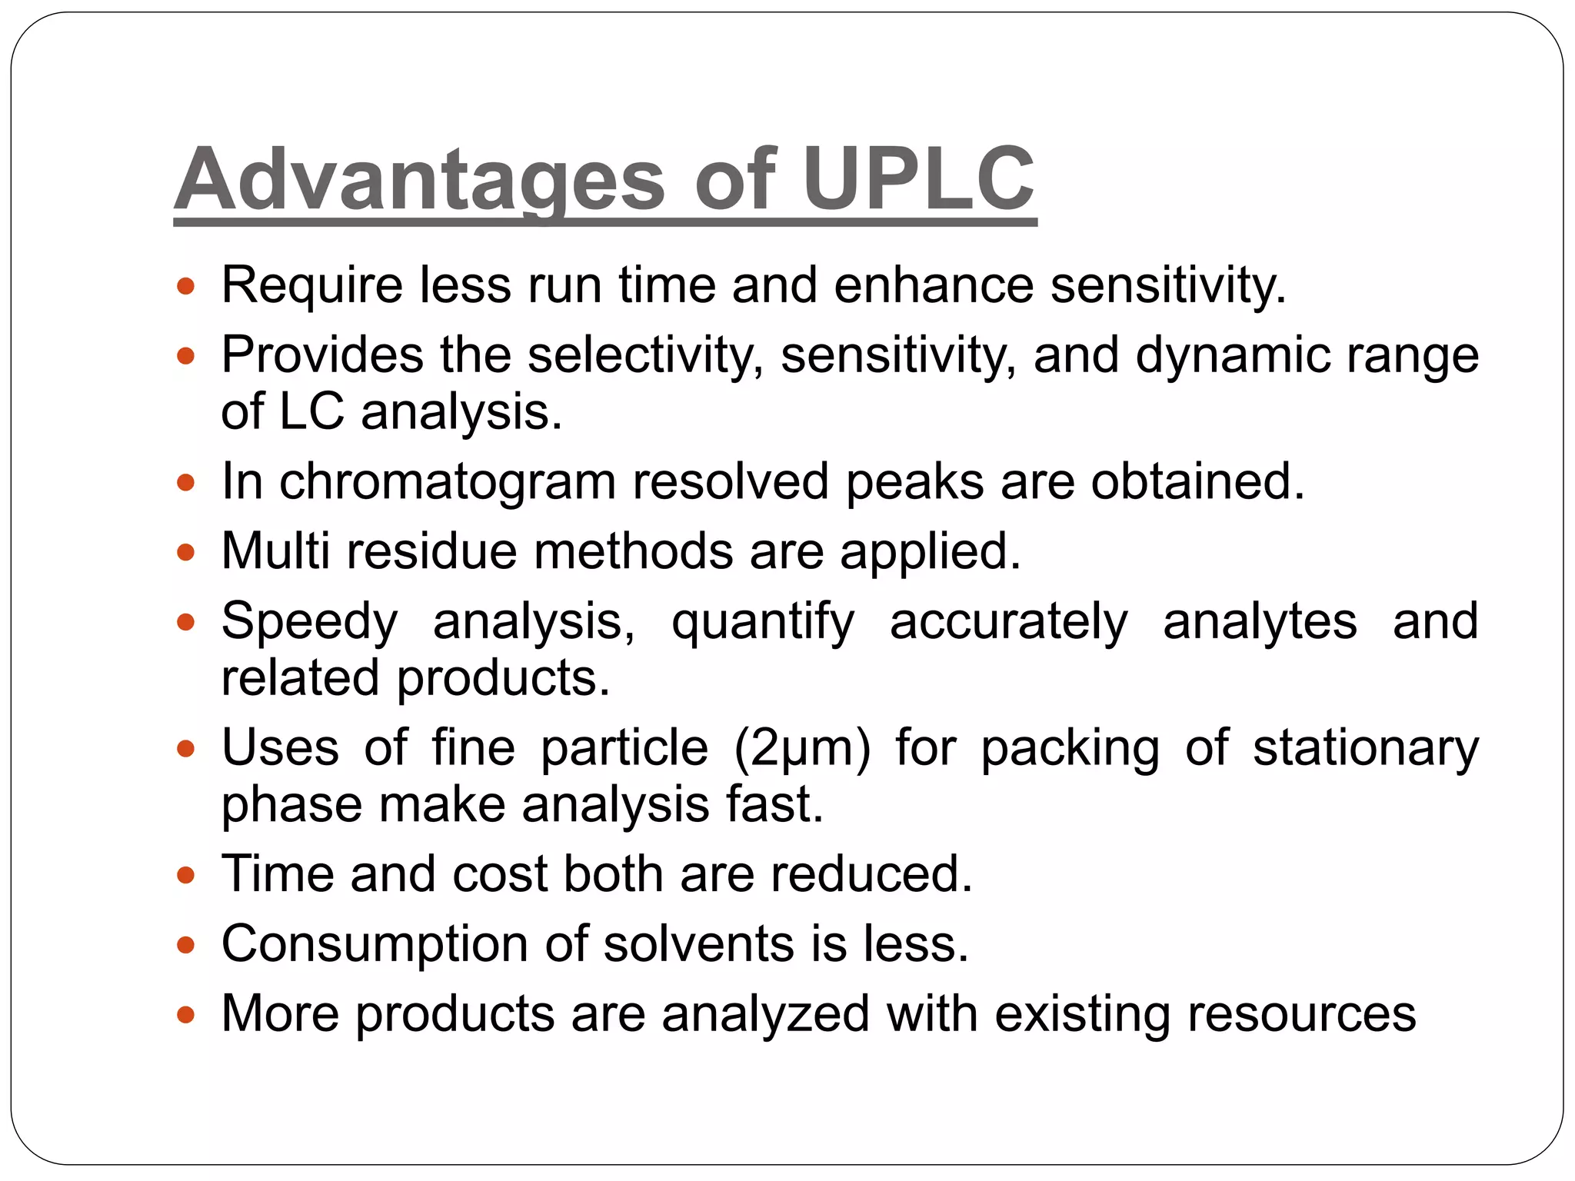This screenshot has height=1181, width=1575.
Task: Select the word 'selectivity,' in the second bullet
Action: click(646, 355)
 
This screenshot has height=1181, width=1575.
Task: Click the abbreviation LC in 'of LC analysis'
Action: click(311, 411)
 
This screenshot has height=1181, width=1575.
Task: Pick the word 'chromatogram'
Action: click(448, 482)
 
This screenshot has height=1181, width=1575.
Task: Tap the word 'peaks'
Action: click(914, 482)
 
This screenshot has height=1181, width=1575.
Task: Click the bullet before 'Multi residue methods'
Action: click(186, 553)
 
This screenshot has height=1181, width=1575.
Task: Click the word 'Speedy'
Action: click(310, 621)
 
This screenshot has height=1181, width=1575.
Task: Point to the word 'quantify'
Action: click(763, 621)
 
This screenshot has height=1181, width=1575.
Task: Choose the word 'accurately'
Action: click(1008, 621)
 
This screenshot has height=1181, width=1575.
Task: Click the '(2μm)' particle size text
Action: click(802, 747)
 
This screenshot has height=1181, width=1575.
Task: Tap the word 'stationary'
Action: click(1366, 747)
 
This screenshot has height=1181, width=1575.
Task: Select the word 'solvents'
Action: click(698, 943)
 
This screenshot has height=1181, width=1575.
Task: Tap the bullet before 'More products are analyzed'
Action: click(186, 1016)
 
